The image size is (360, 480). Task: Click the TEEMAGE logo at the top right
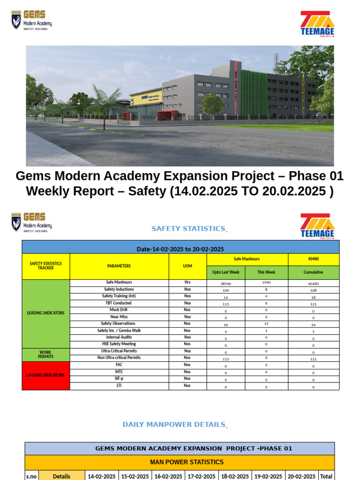click(x=317, y=23)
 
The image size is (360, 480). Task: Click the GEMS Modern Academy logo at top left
click(x=31, y=21)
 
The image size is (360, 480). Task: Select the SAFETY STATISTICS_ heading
click(x=189, y=229)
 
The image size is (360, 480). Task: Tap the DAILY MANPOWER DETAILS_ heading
click(x=175, y=425)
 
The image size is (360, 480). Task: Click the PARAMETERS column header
click(x=119, y=266)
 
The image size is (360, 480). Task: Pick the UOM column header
click(x=187, y=266)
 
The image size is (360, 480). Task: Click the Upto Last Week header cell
click(x=225, y=272)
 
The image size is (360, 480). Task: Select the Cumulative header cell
click(x=313, y=272)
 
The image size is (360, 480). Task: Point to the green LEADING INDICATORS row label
click(x=46, y=313)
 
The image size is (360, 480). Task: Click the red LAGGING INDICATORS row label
click(x=46, y=375)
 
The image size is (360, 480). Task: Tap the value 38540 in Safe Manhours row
click(x=225, y=284)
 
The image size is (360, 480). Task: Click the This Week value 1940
click(x=266, y=283)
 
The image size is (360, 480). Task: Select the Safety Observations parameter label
click(x=118, y=323)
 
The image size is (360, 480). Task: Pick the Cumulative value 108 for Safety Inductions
click(x=313, y=290)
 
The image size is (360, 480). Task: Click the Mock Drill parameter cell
click(x=118, y=310)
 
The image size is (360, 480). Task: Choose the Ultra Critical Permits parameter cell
click(x=119, y=351)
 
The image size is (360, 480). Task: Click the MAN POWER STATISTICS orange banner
click(x=180, y=462)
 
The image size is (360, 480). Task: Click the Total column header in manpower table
click(x=326, y=476)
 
